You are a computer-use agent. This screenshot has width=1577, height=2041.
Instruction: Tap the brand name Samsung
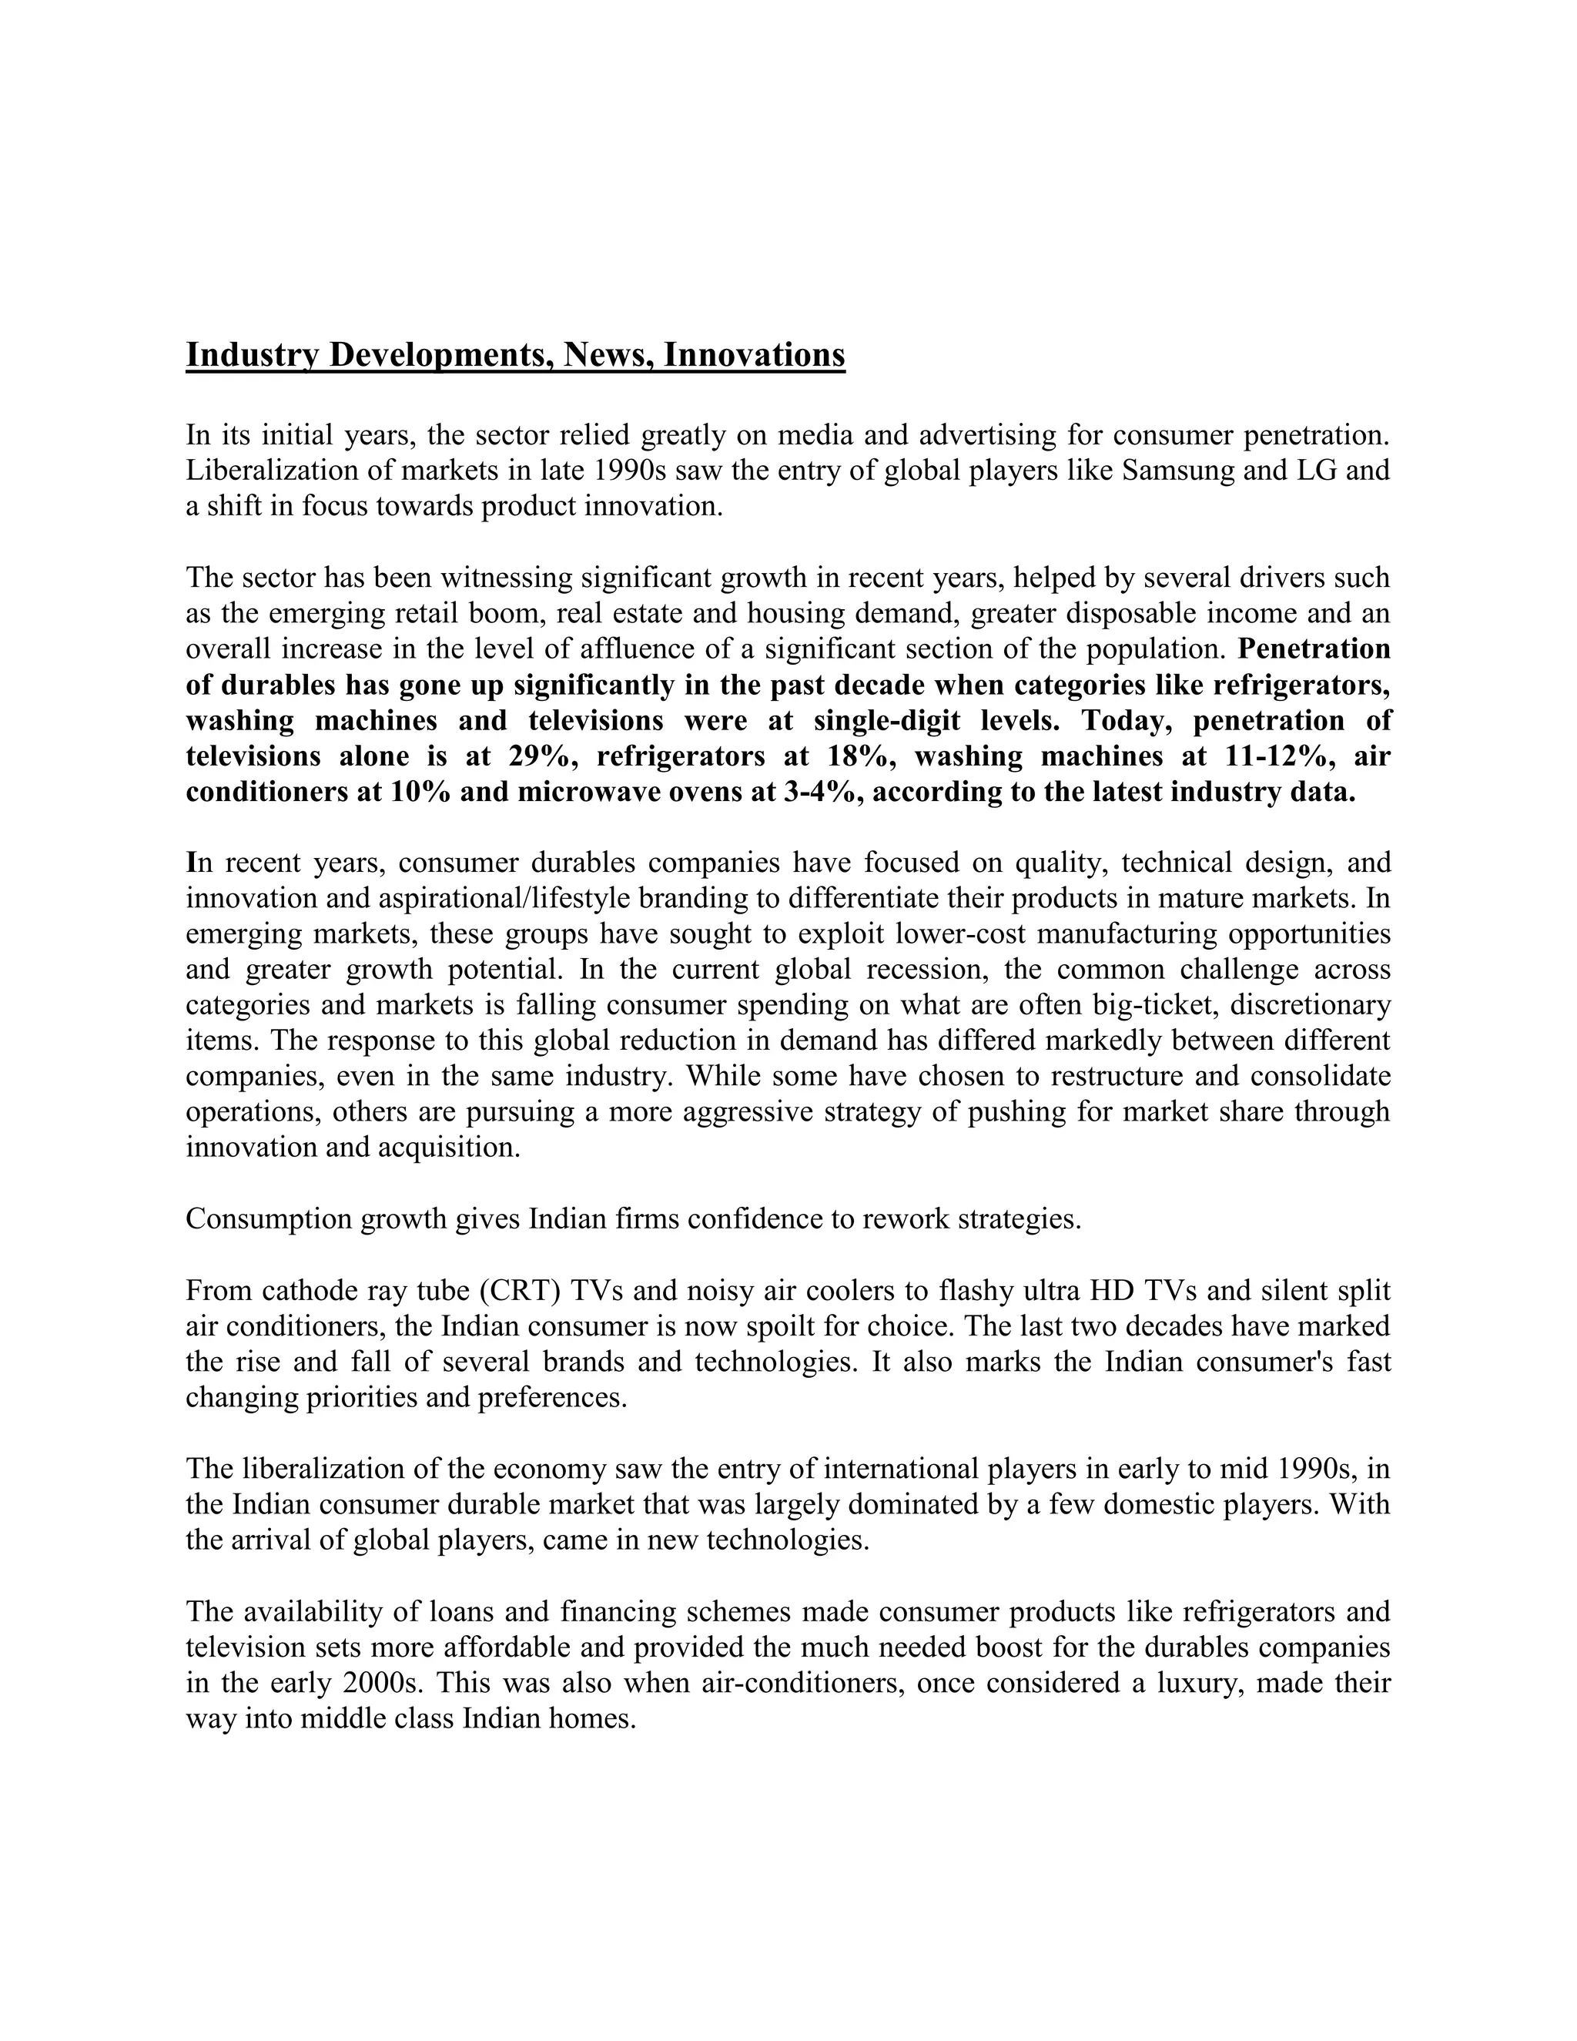pyautogui.click(x=1177, y=470)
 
